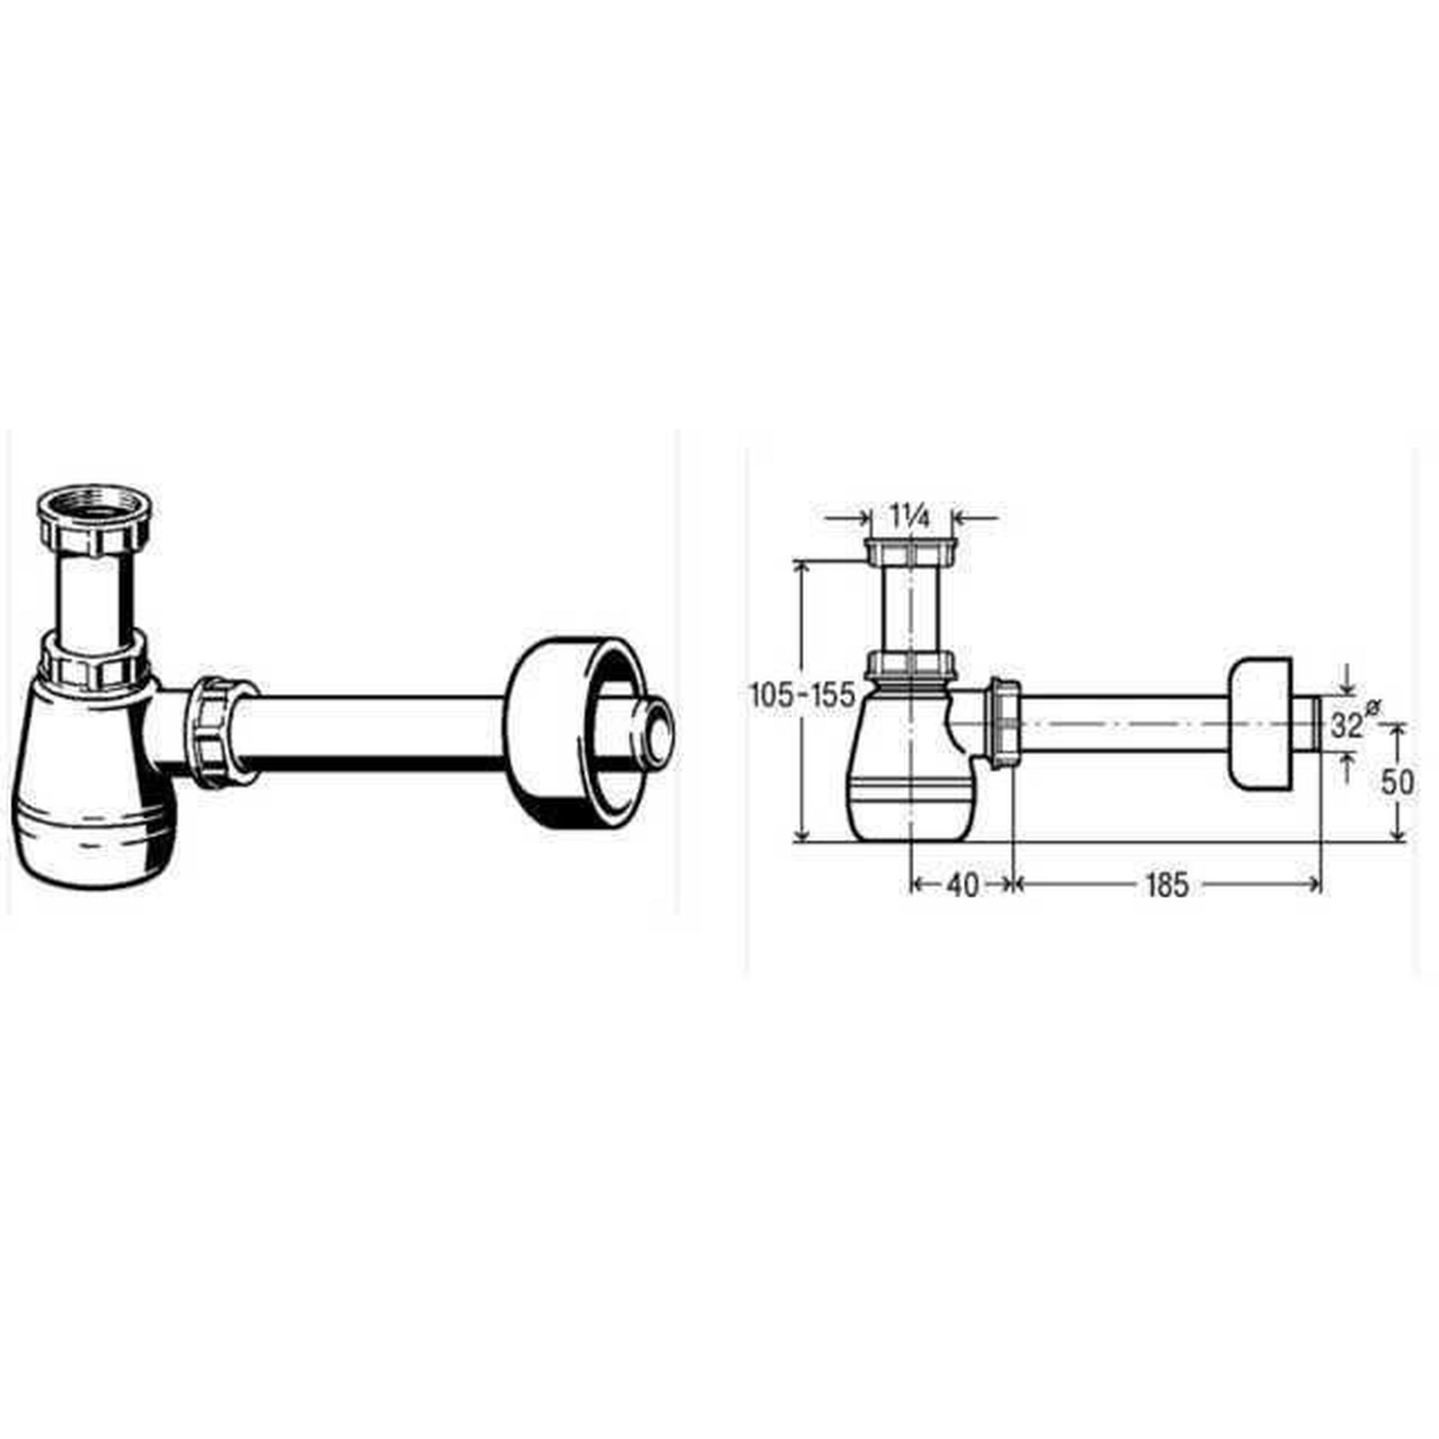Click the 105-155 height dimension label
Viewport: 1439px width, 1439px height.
coord(802,695)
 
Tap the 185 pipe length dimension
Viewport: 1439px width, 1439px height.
coord(1166,885)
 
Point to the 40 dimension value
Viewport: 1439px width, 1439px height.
coord(963,885)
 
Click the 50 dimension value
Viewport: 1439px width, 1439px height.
coord(1397,782)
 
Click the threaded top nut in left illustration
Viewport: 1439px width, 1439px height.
coord(95,520)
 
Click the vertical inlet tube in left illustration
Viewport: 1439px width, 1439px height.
coord(94,596)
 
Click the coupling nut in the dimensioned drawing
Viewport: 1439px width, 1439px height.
coord(1004,723)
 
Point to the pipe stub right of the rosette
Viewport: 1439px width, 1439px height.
coord(1305,723)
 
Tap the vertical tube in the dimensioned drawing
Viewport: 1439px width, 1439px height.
coord(911,608)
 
